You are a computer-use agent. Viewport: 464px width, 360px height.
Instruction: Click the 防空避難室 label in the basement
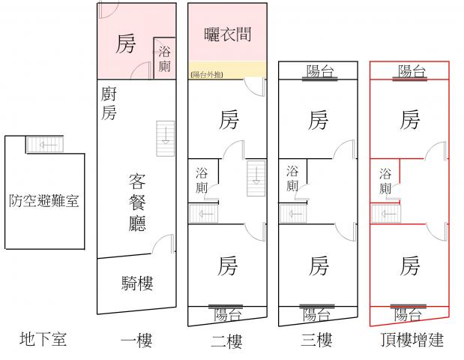(x=44, y=200)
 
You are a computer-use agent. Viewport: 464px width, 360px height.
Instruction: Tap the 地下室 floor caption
(x=43, y=339)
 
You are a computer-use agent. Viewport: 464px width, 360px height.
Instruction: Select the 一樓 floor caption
(x=136, y=340)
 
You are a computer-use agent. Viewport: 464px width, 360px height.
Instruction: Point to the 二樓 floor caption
(x=226, y=342)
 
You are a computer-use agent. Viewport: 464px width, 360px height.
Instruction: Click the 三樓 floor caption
(x=317, y=340)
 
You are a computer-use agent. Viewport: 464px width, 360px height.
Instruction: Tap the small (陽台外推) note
(x=207, y=73)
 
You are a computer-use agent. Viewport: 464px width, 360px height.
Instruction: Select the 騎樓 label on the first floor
(x=137, y=283)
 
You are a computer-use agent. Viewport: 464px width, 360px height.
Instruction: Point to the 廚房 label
(x=109, y=103)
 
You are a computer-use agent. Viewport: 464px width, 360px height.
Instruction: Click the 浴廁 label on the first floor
(x=165, y=59)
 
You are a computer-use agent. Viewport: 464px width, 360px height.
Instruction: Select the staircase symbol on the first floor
(x=164, y=136)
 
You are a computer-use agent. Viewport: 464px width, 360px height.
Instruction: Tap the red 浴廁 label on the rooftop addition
(x=385, y=179)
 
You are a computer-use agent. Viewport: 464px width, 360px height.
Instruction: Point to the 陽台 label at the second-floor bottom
(x=227, y=314)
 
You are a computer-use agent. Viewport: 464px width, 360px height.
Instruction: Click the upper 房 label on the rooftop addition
(x=409, y=120)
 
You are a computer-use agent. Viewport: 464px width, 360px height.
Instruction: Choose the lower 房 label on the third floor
(x=319, y=265)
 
